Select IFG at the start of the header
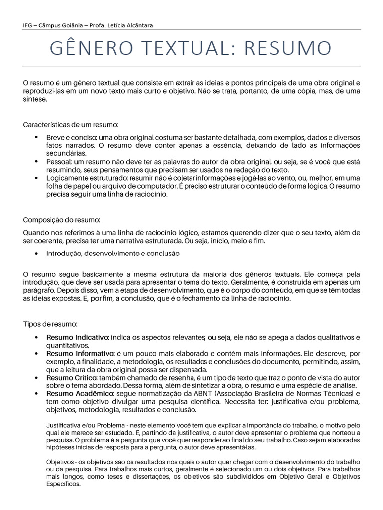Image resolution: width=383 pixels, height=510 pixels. point(29,26)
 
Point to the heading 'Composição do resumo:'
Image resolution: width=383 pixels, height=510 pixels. point(62,220)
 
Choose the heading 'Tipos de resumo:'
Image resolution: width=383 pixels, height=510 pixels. point(50,324)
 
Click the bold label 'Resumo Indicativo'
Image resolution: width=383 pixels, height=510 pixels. point(77,338)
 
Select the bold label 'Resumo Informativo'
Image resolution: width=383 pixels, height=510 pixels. point(80,353)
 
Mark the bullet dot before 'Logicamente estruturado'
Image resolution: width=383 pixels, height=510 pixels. point(37,178)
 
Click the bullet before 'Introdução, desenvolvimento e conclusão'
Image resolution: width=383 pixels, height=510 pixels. point(37,254)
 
